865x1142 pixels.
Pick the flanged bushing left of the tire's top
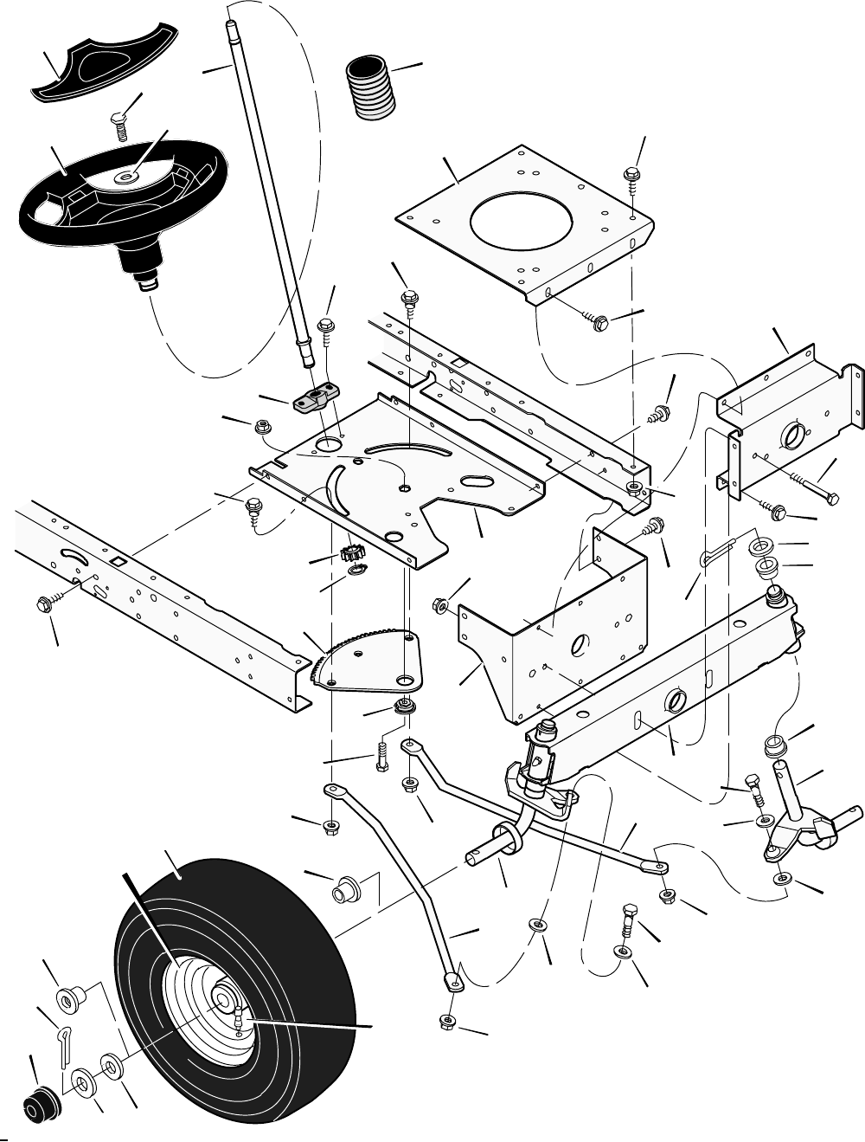point(346,889)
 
